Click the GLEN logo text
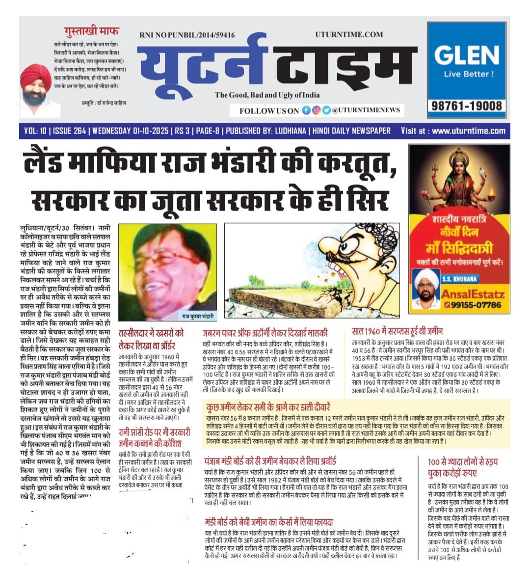pyautogui.click(x=467, y=55)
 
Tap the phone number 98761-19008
pyautogui.click(x=467, y=106)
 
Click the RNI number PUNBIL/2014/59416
pyautogui.click(x=186, y=35)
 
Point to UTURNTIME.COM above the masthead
pyautogui.click(x=349, y=34)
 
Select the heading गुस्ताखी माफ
pyautogui.click(x=91, y=31)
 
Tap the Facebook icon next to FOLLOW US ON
pyautogui.click(x=306, y=110)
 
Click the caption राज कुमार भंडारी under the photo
pyautogui.click(x=198, y=312)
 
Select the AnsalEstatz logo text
pyautogui.click(x=473, y=295)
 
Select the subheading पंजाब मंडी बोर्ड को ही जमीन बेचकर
pyautogui.click(x=270, y=461)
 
